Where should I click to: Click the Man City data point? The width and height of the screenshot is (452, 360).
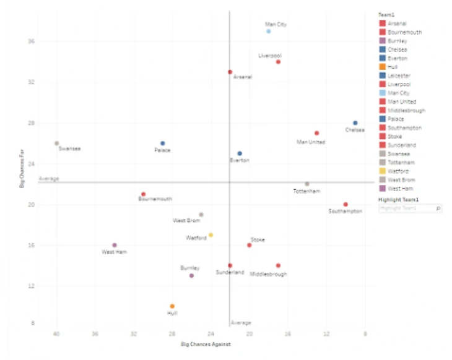click(x=269, y=31)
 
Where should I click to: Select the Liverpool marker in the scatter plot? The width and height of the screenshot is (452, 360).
click(x=278, y=62)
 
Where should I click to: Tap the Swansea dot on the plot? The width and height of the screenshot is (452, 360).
click(x=57, y=144)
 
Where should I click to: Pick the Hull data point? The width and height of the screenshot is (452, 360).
click(x=172, y=306)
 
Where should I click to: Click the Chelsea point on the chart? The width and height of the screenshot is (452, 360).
click(x=355, y=123)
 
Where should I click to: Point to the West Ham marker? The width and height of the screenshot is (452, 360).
click(x=115, y=246)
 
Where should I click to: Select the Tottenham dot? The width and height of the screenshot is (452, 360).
click(x=306, y=184)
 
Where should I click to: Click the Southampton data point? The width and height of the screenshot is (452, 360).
click(x=346, y=205)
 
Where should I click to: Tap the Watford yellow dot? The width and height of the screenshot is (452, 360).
click(x=211, y=235)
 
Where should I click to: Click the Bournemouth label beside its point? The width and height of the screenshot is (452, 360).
click(x=155, y=199)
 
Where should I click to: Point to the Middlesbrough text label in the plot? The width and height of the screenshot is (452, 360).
click(x=269, y=273)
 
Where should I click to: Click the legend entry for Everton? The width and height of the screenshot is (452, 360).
click(x=398, y=58)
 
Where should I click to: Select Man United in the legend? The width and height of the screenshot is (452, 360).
click(x=401, y=101)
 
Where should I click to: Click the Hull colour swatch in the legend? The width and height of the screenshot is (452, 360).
click(x=383, y=67)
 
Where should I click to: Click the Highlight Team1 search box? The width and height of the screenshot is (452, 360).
click(x=409, y=209)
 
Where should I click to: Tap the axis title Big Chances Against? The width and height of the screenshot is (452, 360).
click(x=206, y=343)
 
